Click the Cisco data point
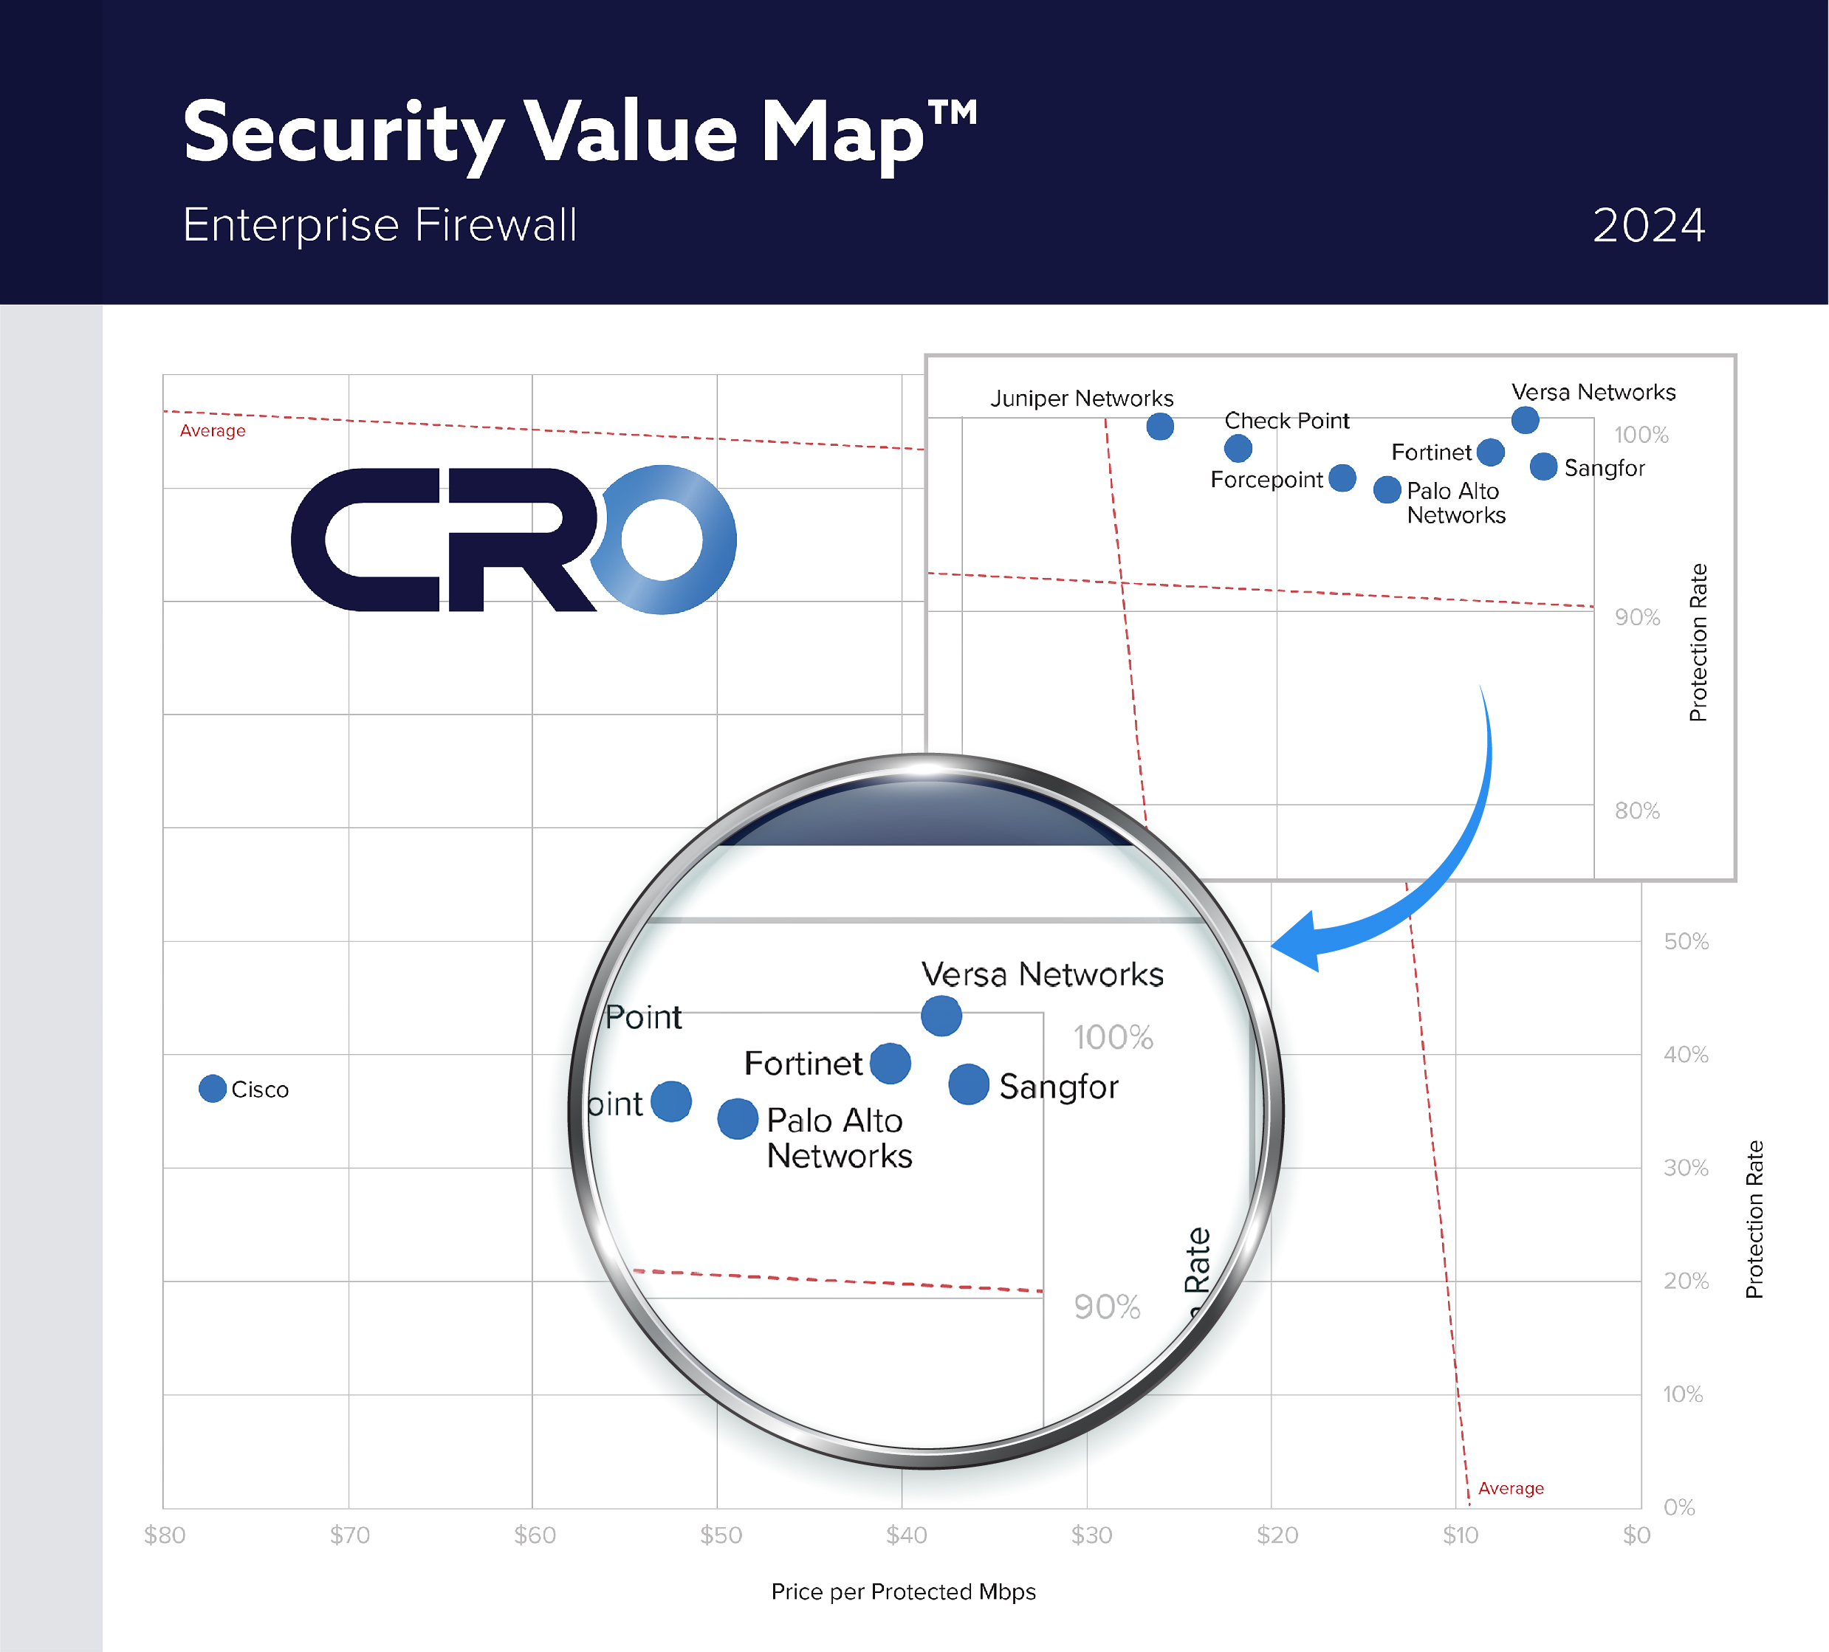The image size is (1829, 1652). click(x=213, y=1088)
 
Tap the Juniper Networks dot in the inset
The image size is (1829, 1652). click(x=1159, y=427)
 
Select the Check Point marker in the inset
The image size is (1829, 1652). click(x=1238, y=448)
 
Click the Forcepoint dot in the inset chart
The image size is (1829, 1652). click(x=1342, y=478)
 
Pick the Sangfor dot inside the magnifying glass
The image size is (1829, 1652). click(x=968, y=1084)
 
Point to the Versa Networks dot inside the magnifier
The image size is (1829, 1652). click(x=941, y=1015)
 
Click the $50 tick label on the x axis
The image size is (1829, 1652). click(x=721, y=1535)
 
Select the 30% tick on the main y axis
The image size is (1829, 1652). click(x=1685, y=1168)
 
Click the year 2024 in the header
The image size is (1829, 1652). click(x=1647, y=225)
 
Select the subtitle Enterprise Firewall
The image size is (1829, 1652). click(x=380, y=225)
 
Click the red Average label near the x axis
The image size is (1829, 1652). click(x=1511, y=1488)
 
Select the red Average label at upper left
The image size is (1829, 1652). click(x=213, y=431)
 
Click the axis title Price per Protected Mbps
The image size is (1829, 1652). click(x=903, y=1591)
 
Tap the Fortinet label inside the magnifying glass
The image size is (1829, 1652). click(x=803, y=1063)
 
